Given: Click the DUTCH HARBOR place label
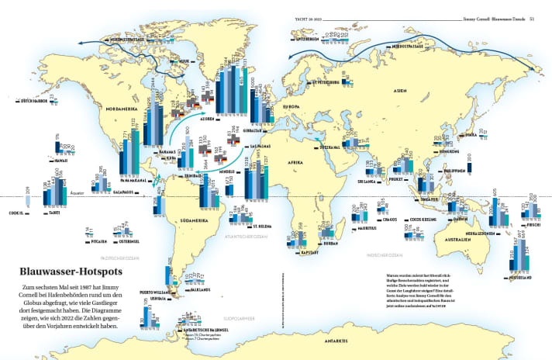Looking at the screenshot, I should pyautogui.click(x=34, y=101).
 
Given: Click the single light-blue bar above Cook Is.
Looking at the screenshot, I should pyautogui.click(x=28, y=201).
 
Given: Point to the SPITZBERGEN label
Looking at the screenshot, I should pyautogui.click(x=305, y=37).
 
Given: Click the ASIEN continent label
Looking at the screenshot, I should pyautogui.click(x=400, y=91).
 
